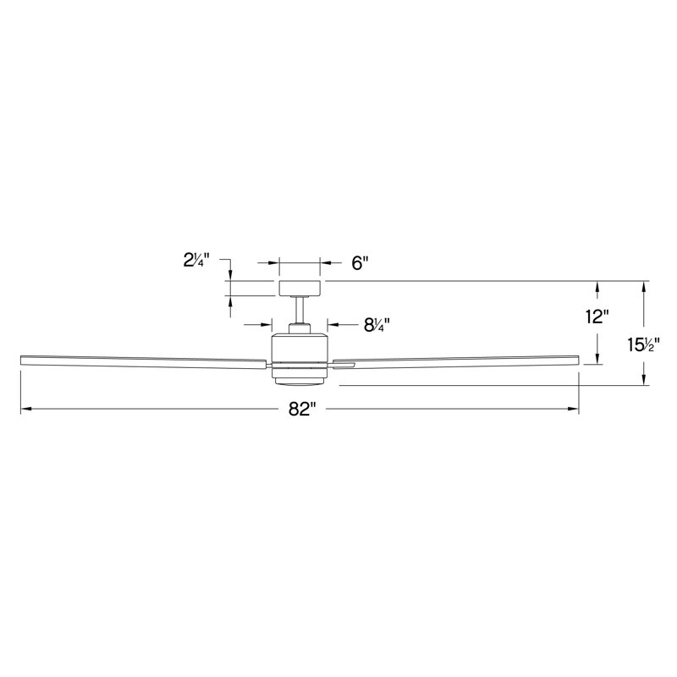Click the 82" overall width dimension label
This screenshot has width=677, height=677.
coord(301,410)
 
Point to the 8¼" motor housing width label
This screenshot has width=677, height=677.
coord(377,324)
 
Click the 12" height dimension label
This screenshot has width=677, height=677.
coord(597,317)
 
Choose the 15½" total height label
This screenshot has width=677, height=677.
coord(642,344)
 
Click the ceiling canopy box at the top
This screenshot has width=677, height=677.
coord(299,288)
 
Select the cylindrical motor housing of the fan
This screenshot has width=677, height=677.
coord(300,350)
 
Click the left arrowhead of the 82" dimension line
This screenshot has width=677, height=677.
coord(25,410)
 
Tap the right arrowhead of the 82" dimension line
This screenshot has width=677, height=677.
coord(575,410)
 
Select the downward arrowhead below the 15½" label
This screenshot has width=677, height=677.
coord(645,380)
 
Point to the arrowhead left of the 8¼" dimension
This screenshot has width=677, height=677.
coord(265,324)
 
